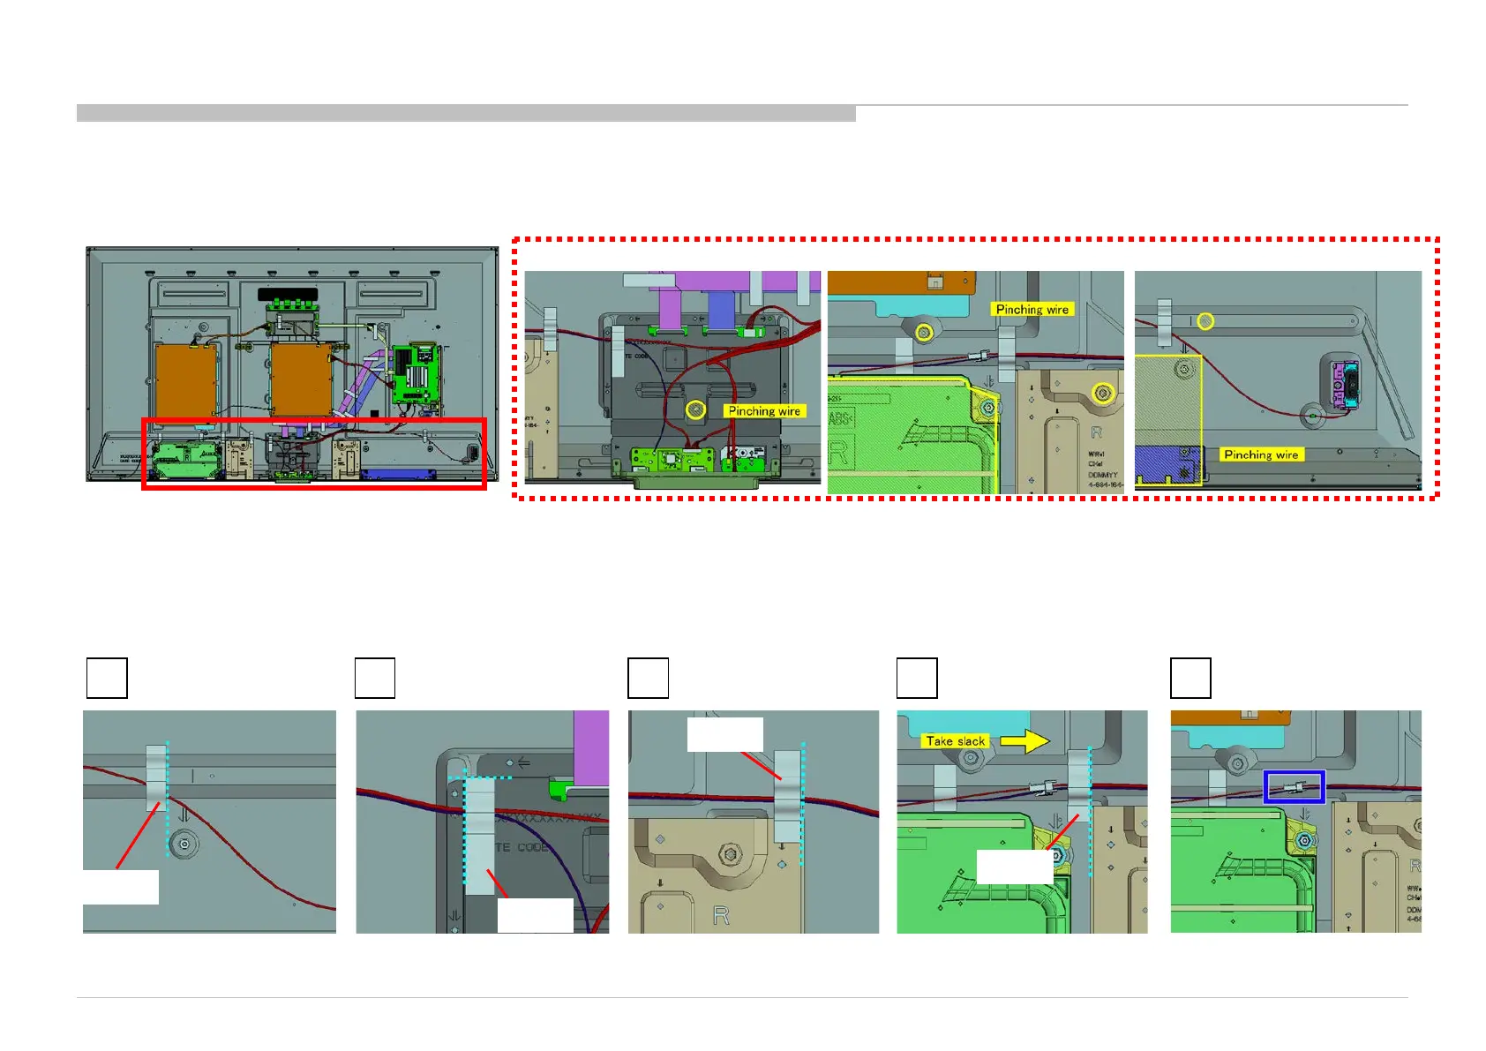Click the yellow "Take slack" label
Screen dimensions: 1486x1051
956,741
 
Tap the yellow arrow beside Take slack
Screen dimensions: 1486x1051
1024,741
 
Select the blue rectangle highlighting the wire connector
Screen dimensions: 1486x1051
1294,786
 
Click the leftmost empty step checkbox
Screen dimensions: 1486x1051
107,678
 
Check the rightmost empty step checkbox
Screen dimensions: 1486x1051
1190,678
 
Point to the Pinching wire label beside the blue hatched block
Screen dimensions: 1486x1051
1261,454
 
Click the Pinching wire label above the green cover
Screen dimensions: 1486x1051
1032,310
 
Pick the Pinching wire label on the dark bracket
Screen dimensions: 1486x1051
764,411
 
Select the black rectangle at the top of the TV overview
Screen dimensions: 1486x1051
288,293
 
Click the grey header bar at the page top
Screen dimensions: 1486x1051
466,113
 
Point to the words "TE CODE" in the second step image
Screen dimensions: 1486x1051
522,847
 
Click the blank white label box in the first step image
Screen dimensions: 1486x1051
121,887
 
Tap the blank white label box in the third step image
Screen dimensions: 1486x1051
724,734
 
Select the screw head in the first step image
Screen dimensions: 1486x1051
184,845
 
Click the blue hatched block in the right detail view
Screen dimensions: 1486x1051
1166,464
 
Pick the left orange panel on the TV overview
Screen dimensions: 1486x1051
186,379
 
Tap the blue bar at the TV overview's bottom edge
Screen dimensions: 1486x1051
399,474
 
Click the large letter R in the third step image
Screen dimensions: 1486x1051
721,916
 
